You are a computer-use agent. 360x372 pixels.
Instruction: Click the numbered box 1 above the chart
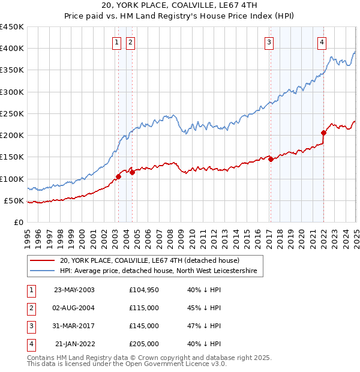tap(116, 42)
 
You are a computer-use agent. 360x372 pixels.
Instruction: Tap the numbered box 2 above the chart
tap(130, 42)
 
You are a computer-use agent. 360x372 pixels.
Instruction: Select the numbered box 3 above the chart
tap(269, 42)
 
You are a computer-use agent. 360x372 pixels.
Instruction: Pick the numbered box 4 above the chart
tap(322, 42)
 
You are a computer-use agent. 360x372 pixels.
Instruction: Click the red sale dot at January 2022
tap(323, 133)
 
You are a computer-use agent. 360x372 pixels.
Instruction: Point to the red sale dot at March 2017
tap(271, 159)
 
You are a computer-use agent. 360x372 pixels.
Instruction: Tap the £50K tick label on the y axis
tap(14, 200)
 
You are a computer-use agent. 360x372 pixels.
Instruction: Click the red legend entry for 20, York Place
tap(149, 260)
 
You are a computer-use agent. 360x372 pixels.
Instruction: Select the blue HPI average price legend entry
tap(158, 271)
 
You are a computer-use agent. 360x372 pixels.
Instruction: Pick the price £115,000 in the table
tap(144, 308)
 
